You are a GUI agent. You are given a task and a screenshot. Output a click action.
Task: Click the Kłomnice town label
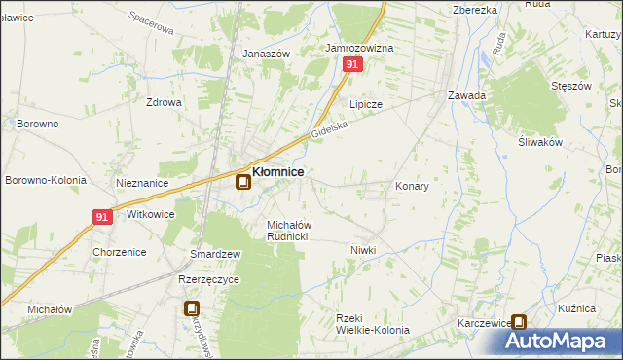(x=277, y=172)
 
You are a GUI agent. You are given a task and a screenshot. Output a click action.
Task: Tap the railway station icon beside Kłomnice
(x=242, y=182)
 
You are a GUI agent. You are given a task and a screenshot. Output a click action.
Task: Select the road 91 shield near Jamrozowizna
(x=352, y=64)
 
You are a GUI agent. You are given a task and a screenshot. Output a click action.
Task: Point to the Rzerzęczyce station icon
(x=193, y=308)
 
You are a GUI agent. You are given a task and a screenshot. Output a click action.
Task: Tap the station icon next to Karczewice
(x=520, y=323)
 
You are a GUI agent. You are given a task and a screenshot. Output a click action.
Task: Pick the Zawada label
(x=466, y=95)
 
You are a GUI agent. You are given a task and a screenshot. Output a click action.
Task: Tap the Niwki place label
(x=363, y=250)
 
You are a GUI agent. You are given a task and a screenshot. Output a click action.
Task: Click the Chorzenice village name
(x=120, y=252)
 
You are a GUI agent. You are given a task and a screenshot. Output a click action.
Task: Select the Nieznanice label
(x=143, y=183)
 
